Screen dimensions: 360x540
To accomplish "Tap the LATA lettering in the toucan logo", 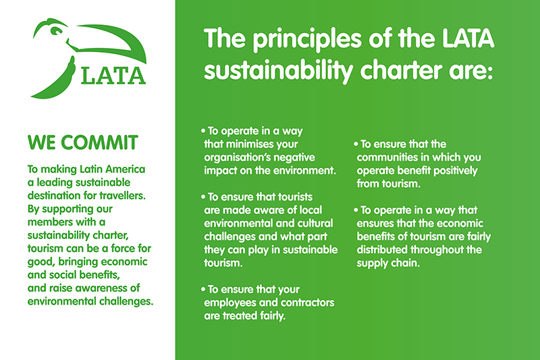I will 113,74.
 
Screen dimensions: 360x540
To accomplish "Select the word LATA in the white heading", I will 465,40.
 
